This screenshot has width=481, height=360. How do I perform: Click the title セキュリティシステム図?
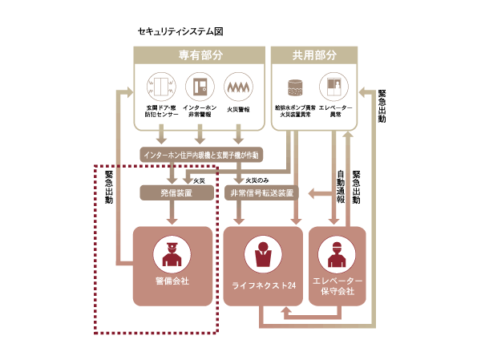(x=180, y=31)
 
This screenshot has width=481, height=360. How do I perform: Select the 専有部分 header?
(x=200, y=56)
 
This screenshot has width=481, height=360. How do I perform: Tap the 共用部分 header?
(x=314, y=56)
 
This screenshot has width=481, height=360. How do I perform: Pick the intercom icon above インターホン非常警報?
(x=199, y=85)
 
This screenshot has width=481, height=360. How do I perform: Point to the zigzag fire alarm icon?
(x=237, y=85)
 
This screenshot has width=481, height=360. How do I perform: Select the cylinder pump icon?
(x=294, y=85)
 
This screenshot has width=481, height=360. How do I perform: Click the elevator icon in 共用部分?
(x=333, y=85)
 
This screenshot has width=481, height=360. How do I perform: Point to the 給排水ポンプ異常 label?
(x=294, y=107)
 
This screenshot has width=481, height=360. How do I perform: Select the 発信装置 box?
(x=176, y=192)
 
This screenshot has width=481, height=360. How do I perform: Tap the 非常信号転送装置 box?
(x=261, y=192)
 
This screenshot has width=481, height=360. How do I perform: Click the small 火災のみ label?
(x=257, y=180)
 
